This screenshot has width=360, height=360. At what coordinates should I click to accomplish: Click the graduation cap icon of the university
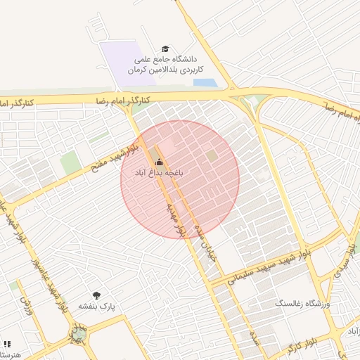(x=165, y=49)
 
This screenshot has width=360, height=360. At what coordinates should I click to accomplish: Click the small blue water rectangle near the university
(x=204, y=83)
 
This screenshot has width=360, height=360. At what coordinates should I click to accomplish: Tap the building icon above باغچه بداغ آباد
(x=158, y=160)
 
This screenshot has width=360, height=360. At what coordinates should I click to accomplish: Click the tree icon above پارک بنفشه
(x=96, y=296)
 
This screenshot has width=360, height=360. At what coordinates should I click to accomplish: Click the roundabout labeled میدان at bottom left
(x=77, y=330)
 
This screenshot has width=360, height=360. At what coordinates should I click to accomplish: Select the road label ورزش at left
(x=27, y=304)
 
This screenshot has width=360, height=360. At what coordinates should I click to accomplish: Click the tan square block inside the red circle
(x=212, y=155)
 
